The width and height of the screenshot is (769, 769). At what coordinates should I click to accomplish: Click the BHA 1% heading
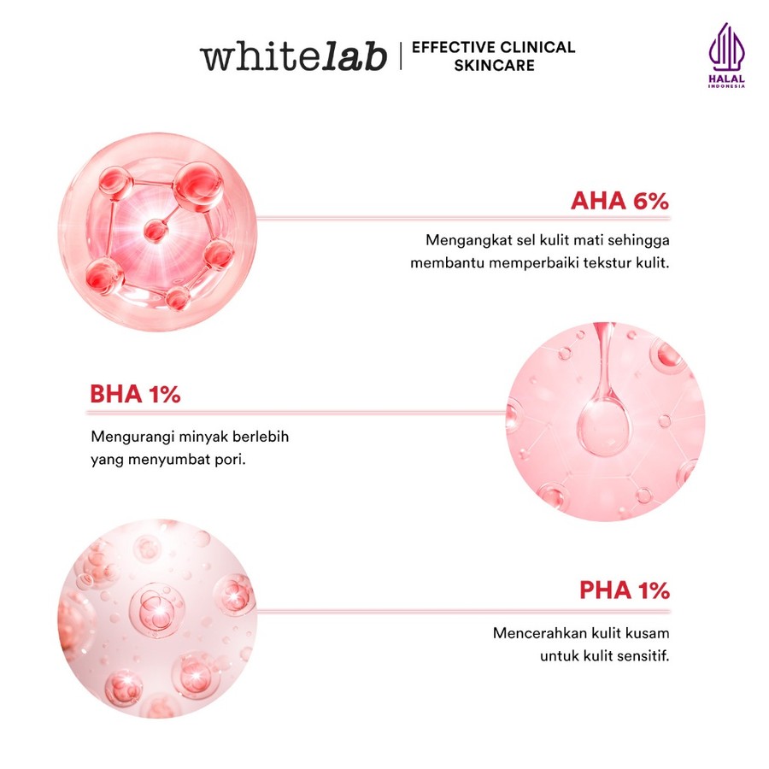135,395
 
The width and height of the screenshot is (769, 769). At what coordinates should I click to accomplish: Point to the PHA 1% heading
624,590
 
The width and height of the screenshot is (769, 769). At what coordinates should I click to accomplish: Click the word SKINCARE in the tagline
494,65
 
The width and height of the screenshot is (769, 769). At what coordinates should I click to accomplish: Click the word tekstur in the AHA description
608,262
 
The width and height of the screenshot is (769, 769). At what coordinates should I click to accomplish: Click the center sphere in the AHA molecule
155,230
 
